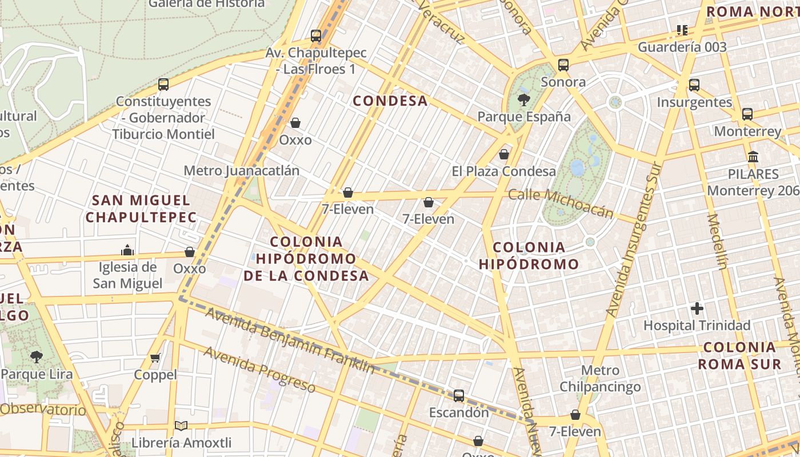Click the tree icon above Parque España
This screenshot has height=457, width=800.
coord(523,101)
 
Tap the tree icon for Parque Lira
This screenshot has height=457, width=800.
coord(37,357)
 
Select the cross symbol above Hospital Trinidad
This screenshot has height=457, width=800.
coord(697,308)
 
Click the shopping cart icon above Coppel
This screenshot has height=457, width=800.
coord(155,358)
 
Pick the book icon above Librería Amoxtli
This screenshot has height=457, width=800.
coord(181,426)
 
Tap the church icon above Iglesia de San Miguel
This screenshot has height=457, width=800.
coord(127,250)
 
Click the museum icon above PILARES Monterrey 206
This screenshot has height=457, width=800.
coord(753,157)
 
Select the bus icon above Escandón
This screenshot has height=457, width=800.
coord(458,395)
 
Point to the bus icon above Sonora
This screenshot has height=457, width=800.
coord(563,65)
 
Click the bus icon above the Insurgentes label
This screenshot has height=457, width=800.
coord(694,85)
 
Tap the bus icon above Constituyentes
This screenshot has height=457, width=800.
coord(163,85)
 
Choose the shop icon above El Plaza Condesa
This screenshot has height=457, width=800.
coord(504,154)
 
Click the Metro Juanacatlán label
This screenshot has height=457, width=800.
coord(241,171)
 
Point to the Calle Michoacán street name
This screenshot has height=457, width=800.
coord(561,203)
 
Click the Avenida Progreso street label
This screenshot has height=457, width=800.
coord(259,369)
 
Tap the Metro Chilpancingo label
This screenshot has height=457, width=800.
coord(600,379)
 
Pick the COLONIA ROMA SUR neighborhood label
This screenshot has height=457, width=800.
coord(739,355)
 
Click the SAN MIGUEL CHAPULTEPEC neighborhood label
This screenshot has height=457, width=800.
coord(141,209)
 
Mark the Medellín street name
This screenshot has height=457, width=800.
coord(717,241)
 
